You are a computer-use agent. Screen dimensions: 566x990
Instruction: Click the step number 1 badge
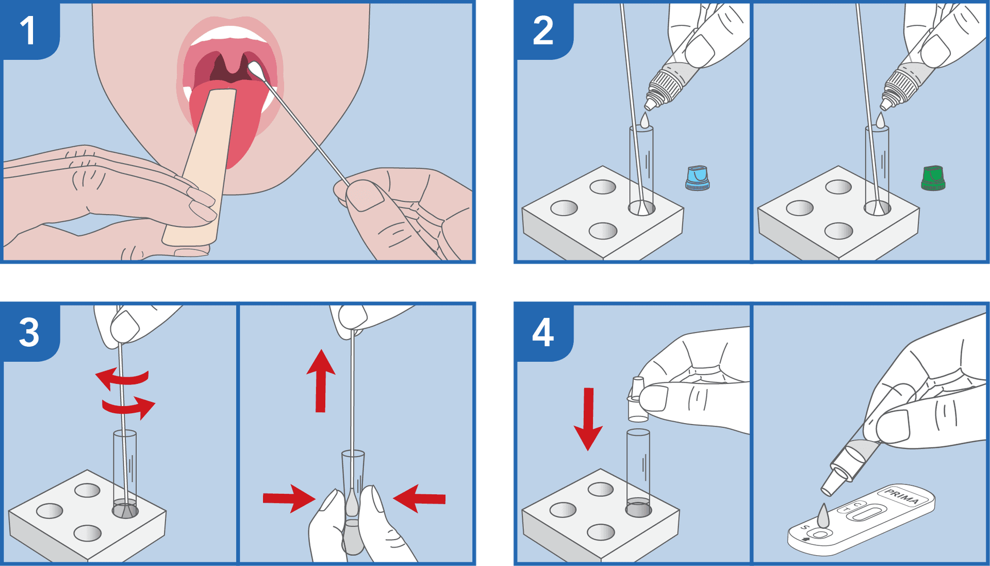coord(28,30)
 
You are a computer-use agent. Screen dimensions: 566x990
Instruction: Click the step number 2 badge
coord(543,30)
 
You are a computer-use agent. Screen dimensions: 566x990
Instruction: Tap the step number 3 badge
coord(29,332)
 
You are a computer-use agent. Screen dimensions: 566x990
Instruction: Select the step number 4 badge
coord(543,332)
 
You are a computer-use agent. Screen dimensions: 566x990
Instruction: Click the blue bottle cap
coord(697,179)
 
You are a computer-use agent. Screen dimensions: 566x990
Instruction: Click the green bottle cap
coord(933,179)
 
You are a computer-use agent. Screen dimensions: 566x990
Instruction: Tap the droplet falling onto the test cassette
coord(823,515)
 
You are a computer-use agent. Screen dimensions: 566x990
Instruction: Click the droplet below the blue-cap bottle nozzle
coord(645,121)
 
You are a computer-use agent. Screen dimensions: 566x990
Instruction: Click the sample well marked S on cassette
coord(820,533)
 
